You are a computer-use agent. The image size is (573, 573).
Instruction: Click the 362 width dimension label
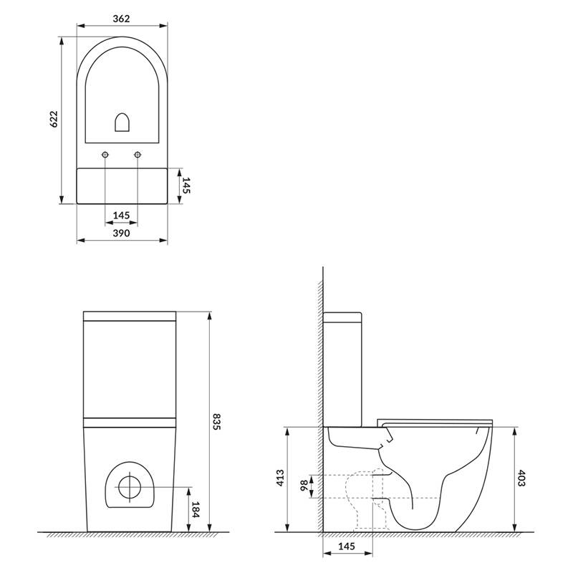(x=121, y=19)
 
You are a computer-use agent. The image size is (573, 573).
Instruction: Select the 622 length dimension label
(x=54, y=119)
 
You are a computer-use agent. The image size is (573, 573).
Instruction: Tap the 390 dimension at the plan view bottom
(x=121, y=233)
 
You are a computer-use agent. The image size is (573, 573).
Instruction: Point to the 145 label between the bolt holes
(x=121, y=216)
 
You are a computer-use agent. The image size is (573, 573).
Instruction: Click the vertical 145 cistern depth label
(x=186, y=186)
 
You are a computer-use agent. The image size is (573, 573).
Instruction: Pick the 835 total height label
(x=216, y=422)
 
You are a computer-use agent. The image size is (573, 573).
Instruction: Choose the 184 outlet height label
(x=196, y=510)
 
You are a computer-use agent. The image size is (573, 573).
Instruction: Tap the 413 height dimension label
(x=280, y=478)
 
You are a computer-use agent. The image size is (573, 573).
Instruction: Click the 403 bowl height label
(x=521, y=478)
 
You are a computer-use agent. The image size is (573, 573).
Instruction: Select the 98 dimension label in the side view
(x=304, y=486)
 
